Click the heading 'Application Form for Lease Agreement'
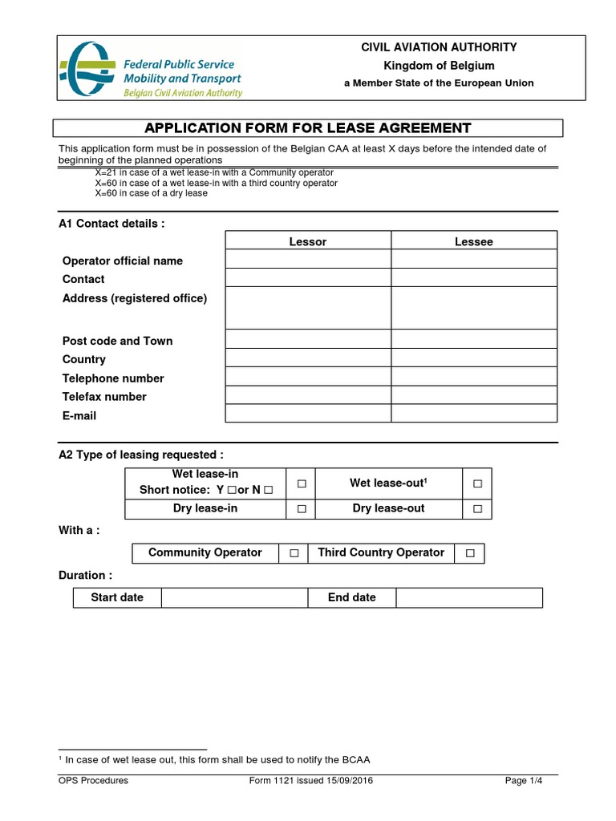tap(307, 128)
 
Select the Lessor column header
tap(308, 241)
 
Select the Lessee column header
tap(474, 241)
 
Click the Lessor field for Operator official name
tap(308, 259)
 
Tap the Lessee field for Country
tap(474, 358)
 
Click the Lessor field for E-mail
tap(308, 414)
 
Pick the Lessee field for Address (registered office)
tap(474, 308)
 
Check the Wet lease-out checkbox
tap(477, 484)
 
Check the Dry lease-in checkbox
tap(302, 509)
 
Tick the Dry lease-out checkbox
tap(477, 509)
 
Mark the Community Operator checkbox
tap(294, 553)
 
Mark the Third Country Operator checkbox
tap(470, 553)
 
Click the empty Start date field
tap(234, 598)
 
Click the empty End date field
tap(469, 598)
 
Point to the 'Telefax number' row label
tap(104, 397)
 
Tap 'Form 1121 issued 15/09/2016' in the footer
tap(311, 780)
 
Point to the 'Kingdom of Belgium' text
tap(439, 66)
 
